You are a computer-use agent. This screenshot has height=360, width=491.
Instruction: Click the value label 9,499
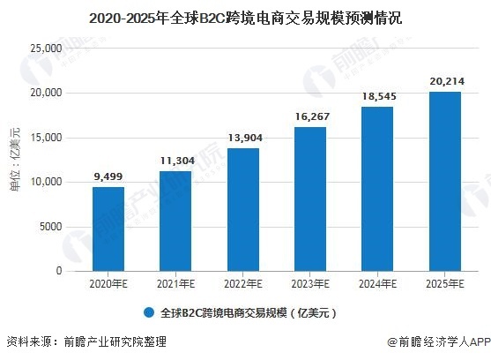(108, 176)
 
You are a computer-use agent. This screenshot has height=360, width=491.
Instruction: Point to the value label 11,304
(175, 161)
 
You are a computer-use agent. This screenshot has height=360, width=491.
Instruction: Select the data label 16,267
(309, 116)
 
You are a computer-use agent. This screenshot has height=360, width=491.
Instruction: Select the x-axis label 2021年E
(175, 284)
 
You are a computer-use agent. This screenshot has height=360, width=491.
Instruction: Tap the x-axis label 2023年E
(309, 284)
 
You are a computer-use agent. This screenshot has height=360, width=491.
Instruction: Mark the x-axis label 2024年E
(377, 284)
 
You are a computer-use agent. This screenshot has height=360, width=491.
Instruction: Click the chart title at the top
(246, 16)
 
